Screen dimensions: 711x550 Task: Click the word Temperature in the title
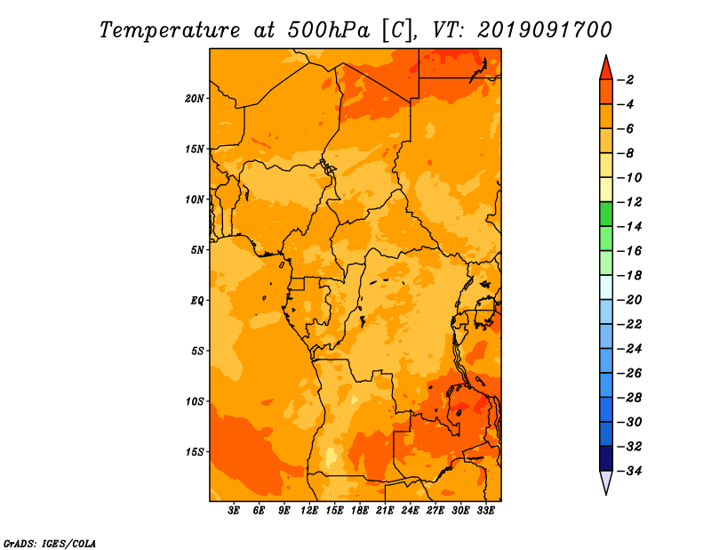[170, 30]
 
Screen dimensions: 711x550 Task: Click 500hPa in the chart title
[329, 30]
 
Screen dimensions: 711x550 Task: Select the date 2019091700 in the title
[544, 30]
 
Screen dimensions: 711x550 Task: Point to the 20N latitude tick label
[195, 99]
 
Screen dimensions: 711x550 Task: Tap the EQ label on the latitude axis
[196, 301]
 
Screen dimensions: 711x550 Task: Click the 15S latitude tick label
[195, 452]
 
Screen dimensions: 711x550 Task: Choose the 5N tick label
[197, 250]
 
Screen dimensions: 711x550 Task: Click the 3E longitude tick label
[234, 511]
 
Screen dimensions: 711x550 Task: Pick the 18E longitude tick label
[360, 511]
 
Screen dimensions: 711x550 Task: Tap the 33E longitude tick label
[485, 511]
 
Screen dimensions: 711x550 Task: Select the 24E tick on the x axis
[410, 511]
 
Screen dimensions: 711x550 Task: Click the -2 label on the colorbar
[626, 80]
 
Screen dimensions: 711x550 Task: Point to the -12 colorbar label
[629, 202]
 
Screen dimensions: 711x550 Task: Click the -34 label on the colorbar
[629, 471]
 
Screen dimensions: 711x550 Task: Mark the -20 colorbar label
[629, 300]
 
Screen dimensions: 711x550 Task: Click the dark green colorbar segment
[606, 214]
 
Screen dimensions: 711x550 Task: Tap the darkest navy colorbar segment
[606, 458]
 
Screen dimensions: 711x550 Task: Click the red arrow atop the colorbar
[606, 69]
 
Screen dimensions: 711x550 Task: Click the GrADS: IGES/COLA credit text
[50, 544]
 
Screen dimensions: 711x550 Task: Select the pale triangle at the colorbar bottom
[606, 481]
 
